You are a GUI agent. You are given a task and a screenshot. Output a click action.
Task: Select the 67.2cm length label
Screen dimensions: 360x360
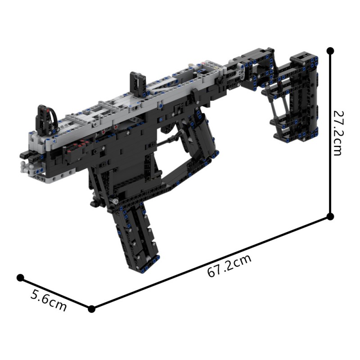pos(229,266)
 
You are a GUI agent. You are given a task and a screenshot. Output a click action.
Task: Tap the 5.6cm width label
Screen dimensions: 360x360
pos(49,301)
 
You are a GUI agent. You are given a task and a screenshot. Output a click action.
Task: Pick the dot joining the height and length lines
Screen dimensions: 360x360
pos(330,217)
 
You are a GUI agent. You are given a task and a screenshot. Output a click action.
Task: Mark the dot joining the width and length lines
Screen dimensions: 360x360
pos(92,309)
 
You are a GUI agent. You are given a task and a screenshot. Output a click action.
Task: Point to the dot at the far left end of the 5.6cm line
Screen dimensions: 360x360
pos(20,278)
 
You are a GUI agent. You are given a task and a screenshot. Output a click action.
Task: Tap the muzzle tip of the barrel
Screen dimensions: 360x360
pos(23,155)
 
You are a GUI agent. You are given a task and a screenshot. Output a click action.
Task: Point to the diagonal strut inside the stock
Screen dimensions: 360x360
pos(278,102)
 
